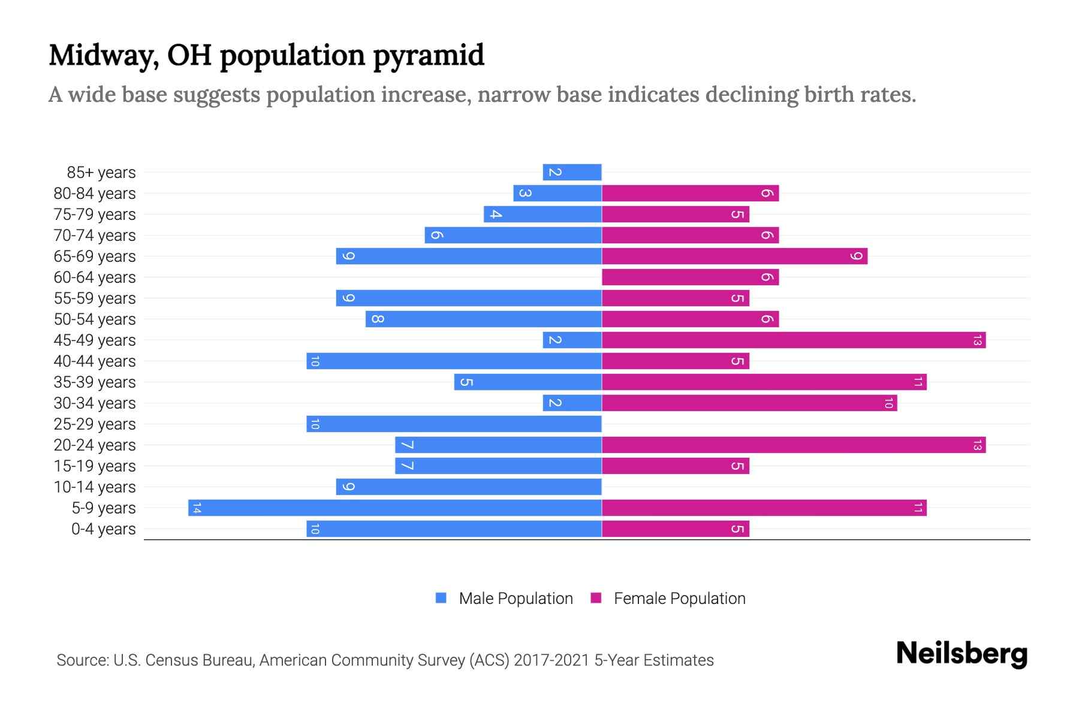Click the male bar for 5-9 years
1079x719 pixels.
[x=394, y=508]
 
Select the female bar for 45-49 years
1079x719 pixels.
[x=794, y=340]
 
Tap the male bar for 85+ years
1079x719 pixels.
[x=572, y=173]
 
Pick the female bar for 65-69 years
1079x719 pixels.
[x=734, y=256]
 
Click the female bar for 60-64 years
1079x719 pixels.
[x=690, y=277]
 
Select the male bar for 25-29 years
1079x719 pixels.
[x=454, y=424]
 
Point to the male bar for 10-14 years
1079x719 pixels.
[x=469, y=487]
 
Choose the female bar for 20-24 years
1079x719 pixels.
[x=794, y=445]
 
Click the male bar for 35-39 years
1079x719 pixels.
[x=528, y=382]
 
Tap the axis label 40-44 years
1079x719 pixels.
[x=95, y=361]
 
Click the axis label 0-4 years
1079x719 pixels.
[x=103, y=529]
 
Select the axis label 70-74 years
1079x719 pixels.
[x=95, y=235]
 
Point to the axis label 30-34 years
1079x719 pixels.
[x=95, y=403]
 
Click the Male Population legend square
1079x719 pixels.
[x=441, y=598]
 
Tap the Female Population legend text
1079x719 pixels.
[x=679, y=599]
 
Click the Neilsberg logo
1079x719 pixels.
[x=962, y=654]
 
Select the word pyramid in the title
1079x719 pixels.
[x=429, y=56]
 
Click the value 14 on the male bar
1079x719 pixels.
[x=196, y=508]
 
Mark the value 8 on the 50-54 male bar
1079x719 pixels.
[x=377, y=319]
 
